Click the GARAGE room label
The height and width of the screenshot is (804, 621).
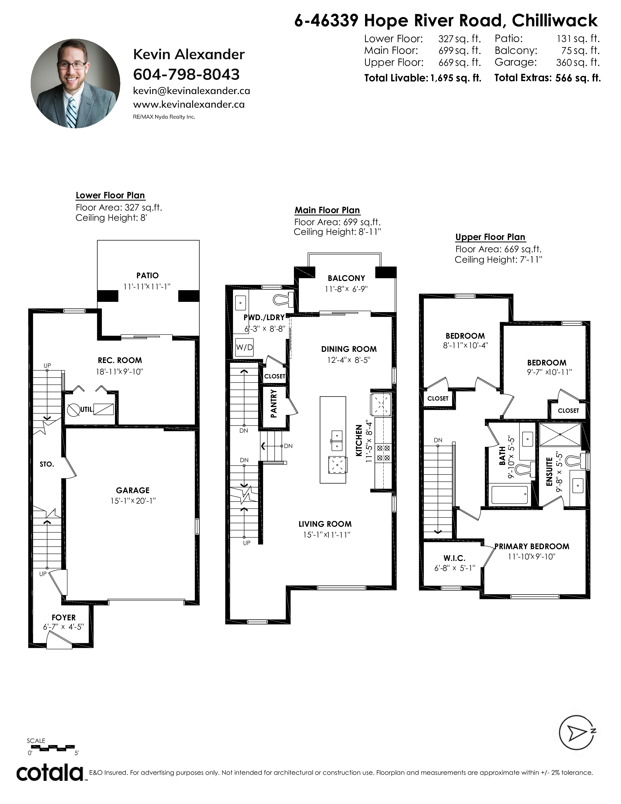tap(133, 490)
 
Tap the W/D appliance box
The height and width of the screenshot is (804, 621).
tap(244, 347)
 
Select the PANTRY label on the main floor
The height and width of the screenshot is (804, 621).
tap(274, 404)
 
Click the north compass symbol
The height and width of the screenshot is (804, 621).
tap(577, 733)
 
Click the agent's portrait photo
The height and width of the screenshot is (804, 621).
tap(75, 84)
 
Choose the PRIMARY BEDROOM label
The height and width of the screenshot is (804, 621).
tap(532, 546)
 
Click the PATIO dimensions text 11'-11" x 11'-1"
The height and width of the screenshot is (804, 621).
tap(147, 287)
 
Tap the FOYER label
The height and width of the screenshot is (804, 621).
tap(64, 617)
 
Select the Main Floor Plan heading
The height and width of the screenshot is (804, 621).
tap(327, 210)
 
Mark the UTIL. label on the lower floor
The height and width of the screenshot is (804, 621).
tap(87, 409)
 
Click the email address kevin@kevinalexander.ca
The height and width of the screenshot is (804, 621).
tap(192, 91)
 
